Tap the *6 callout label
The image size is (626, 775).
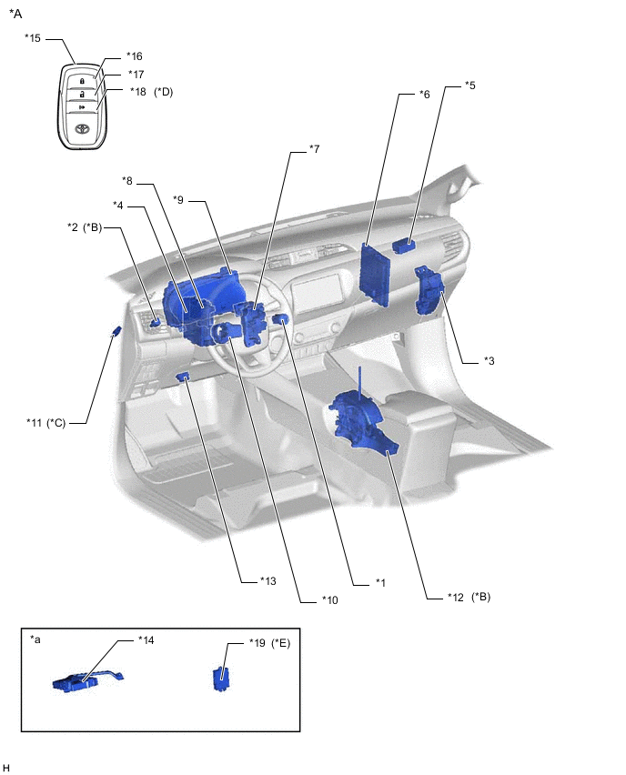tap(424, 94)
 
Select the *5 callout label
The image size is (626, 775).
tap(469, 86)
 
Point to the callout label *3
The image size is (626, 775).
tap(490, 362)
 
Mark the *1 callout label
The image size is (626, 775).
tap(381, 582)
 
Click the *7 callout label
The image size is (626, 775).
tap(314, 148)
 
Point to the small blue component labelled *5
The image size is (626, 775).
tap(405, 244)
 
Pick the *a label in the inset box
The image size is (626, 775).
tap(35, 640)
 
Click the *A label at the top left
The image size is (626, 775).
tap(15, 14)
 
